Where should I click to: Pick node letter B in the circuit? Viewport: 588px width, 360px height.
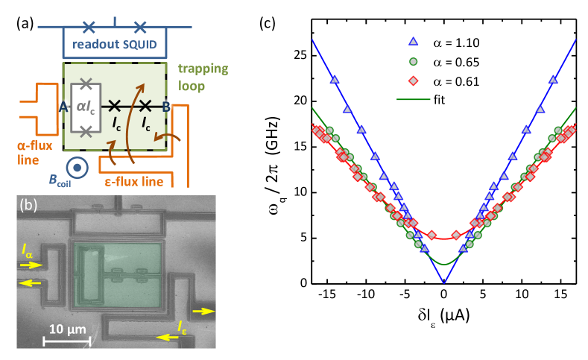tap(165, 107)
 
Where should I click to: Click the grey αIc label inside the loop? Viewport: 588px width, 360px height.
tap(86, 106)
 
